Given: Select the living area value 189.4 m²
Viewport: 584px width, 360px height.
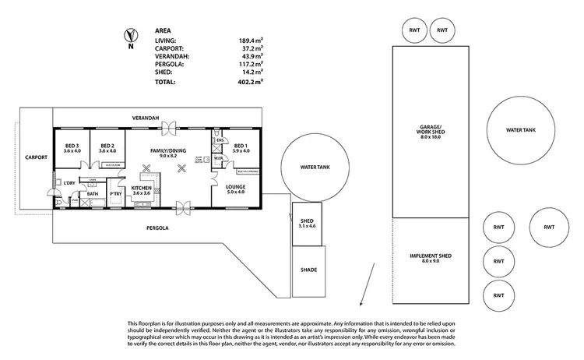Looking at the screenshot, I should pos(250,40).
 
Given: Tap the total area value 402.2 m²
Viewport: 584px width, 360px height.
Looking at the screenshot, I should pos(250,81).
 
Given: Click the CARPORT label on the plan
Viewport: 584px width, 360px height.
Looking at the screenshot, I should pos(36,157).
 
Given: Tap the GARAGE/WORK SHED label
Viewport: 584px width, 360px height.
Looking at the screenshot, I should pos(431,132).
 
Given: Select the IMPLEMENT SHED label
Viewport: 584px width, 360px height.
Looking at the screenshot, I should pos(431,258).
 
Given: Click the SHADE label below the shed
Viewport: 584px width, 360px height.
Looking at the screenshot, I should pos(308,270).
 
